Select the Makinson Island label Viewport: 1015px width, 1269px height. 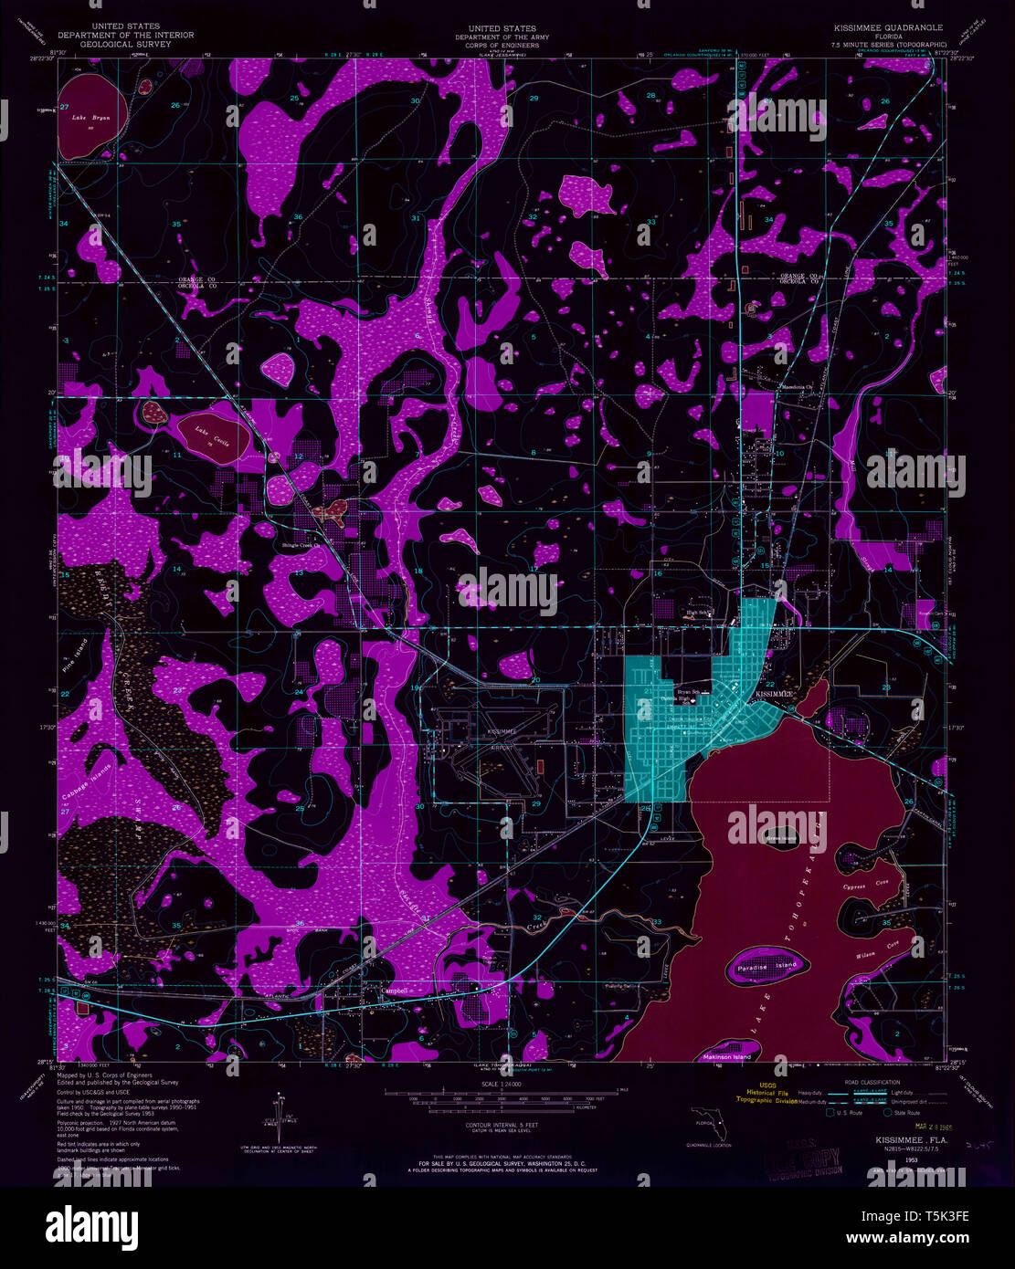727,1056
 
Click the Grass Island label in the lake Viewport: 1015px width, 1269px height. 781,837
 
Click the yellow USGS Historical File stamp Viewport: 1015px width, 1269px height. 747,1095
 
